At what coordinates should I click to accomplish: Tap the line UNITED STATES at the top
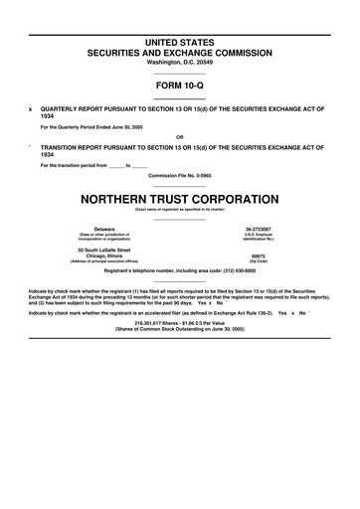pyautogui.click(x=180, y=37)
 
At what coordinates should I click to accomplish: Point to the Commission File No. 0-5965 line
pyautogui.click(x=180, y=176)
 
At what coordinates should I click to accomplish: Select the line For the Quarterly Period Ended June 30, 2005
pyautogui.click(x=101, y=127)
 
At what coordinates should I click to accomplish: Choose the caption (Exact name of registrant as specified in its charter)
pyautogui.click(x=180, y=209)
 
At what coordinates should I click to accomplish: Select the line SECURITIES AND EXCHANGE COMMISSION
pyautogui.click(x=180, y=49)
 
